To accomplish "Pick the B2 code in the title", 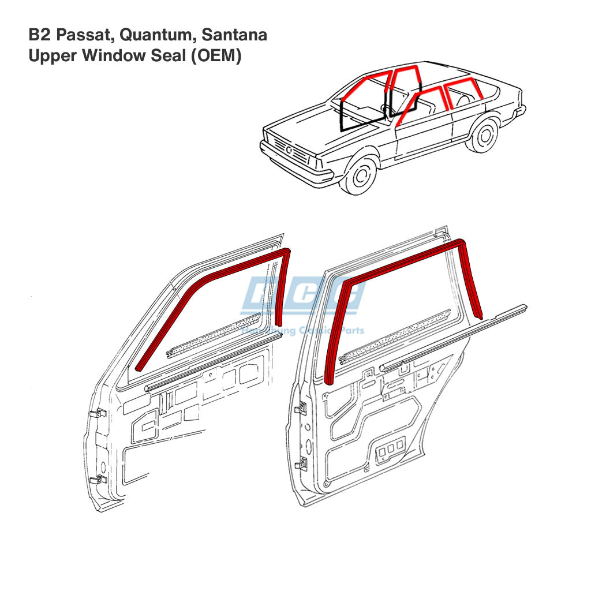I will click(39, 35).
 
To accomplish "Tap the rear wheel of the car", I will click(482, 135).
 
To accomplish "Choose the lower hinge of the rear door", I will click(300, 462).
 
